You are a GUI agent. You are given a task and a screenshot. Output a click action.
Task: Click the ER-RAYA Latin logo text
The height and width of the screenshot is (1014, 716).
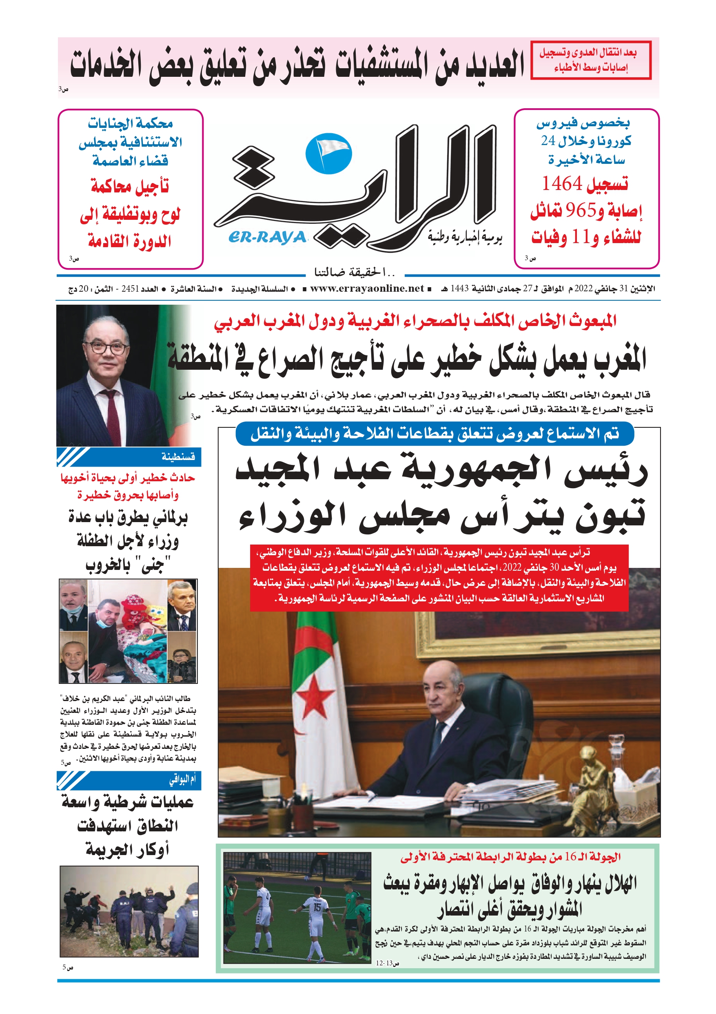point(267,237)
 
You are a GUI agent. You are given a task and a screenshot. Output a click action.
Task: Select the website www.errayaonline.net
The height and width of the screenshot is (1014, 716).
point(367,288)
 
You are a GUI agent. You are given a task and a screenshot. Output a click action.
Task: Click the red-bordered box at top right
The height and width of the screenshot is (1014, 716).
point(591,60)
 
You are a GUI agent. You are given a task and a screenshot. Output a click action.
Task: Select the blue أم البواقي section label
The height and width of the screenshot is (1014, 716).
point(182,780)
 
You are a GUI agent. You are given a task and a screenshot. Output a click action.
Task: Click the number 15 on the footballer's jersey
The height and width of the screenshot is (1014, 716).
point(317,907)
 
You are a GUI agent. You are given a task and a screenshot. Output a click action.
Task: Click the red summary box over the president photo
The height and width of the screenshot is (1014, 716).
point(439,578)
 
